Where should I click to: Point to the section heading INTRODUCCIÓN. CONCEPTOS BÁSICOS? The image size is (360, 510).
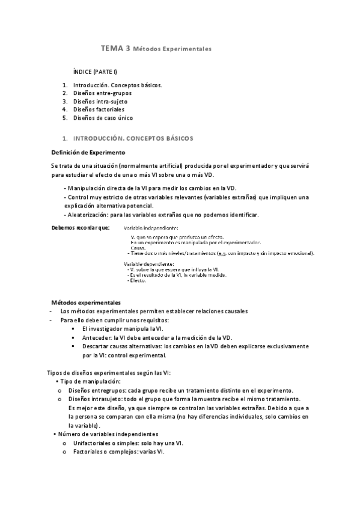tap(133, 139)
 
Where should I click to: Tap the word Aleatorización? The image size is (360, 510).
tap(88, 215)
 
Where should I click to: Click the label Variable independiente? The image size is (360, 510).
tap(151, 229)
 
